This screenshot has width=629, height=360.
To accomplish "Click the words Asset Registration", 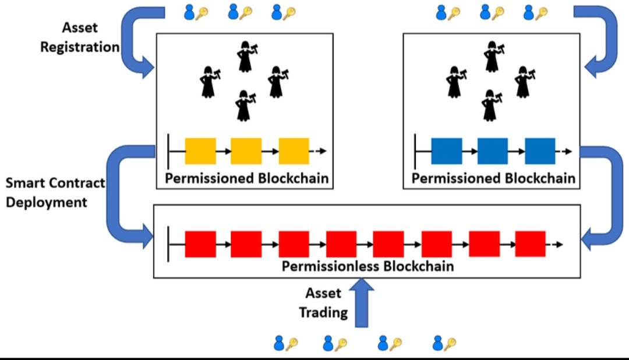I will tap(80, 37).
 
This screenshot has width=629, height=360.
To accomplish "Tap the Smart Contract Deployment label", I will tap(55, 193).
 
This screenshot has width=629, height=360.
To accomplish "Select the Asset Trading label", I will tap(324, 303).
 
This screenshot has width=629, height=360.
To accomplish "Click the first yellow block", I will tap(200, 151).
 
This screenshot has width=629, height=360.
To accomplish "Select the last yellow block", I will tap(294, 151).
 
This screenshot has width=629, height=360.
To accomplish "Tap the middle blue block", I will tap(493, 151).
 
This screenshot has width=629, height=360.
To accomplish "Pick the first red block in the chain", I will tap(200, 244).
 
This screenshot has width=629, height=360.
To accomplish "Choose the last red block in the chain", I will tap(530, 244).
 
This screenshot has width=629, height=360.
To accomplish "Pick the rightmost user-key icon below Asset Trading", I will tap(444, 344).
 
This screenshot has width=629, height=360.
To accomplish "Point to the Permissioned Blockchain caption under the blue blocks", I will tap(492, 178).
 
